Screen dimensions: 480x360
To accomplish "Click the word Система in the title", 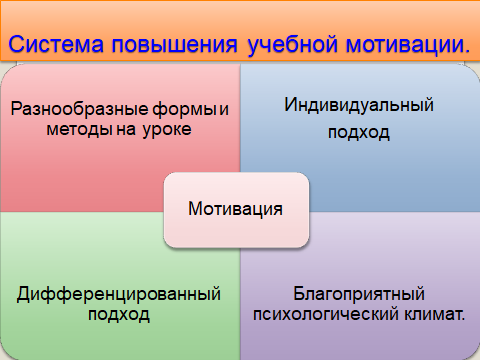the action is [x=56, y=44].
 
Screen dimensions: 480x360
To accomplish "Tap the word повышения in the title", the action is [x=175, y=45].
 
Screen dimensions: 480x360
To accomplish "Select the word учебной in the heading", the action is [x=293, y=44].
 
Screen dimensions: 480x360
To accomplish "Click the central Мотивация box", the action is [x=236, y=210].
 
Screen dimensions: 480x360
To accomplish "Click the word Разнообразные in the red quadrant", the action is [x=79, y=109].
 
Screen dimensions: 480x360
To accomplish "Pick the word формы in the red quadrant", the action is [x=185, y=109].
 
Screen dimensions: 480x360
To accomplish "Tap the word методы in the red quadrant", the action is [x=79, y=129].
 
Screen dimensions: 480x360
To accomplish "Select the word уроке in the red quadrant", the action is [x=167, y=130].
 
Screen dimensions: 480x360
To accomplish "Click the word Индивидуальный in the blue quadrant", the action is [x=359, y=105].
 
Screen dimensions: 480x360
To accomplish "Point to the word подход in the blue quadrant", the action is [x=359, y=133].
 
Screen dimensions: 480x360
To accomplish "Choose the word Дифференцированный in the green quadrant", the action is [x=119, y=294].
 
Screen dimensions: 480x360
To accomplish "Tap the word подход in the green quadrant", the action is [x=119, y=314].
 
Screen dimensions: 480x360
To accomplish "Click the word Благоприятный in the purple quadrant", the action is [x=359, y=294].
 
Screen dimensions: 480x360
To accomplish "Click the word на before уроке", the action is [x=126, y=130].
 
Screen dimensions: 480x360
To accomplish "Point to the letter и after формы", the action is [x=224, y=110].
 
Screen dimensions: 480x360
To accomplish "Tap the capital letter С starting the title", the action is [x=16, y=44].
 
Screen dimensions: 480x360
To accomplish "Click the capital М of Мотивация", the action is [x=195, y=209].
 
